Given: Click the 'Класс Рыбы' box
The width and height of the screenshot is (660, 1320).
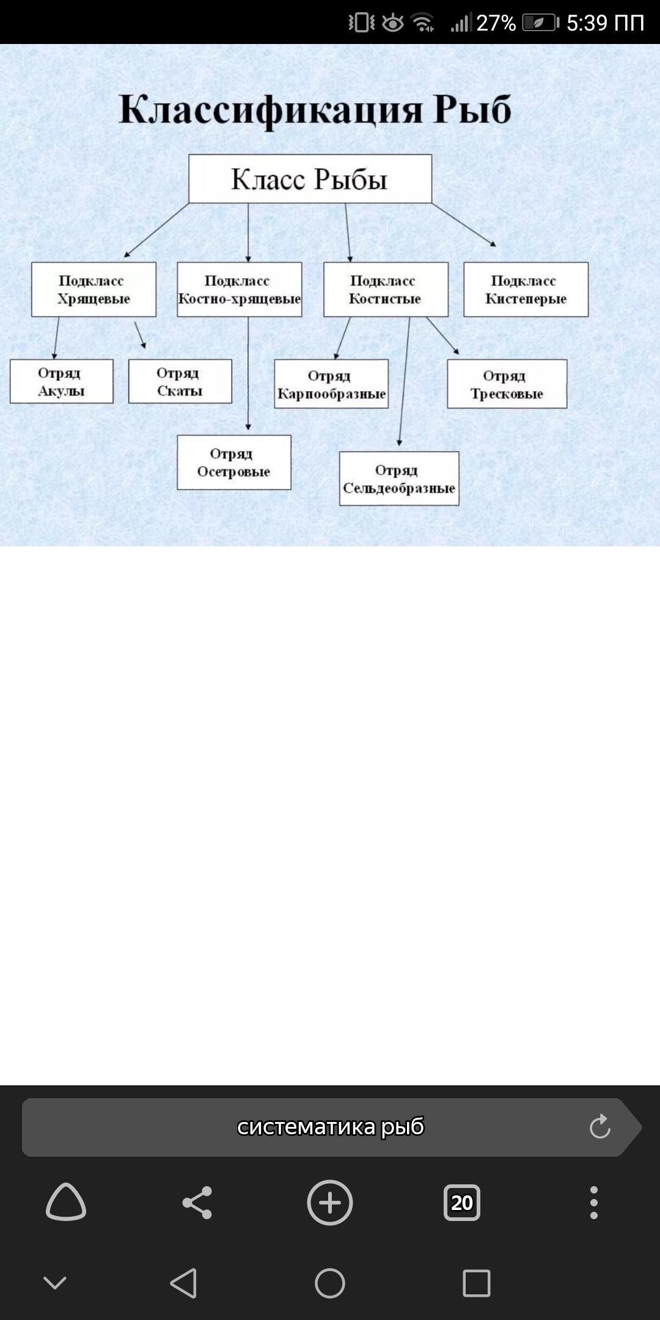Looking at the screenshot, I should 310,178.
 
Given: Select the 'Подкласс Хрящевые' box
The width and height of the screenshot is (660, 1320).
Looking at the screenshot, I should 94,290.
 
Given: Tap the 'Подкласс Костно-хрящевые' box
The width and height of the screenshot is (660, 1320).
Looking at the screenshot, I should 239,290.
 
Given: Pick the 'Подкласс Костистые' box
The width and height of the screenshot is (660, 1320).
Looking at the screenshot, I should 386,290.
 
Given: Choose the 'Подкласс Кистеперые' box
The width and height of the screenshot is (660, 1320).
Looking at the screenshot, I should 526,290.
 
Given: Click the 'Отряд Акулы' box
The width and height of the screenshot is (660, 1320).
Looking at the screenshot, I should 61,381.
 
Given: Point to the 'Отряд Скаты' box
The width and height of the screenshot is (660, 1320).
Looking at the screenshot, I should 180,381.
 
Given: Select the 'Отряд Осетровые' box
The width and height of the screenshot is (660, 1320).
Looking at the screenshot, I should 233,462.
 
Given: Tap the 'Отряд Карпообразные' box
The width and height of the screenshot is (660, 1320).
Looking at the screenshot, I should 331,384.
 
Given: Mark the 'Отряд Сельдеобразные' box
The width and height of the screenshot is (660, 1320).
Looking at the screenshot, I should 399,479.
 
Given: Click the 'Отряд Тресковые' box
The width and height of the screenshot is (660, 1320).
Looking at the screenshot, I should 507,384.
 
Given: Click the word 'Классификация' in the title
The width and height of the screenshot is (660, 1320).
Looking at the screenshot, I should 270,110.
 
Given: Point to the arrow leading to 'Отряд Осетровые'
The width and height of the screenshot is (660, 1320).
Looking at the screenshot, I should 248,373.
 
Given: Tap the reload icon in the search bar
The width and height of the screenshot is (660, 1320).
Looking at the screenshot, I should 599,1127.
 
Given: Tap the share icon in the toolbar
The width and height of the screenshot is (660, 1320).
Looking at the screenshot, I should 197,1203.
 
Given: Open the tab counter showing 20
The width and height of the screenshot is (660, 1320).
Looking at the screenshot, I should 461,1203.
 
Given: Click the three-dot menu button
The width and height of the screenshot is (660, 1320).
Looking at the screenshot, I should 593,1203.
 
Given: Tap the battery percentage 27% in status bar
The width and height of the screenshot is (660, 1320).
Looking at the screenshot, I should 496,23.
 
